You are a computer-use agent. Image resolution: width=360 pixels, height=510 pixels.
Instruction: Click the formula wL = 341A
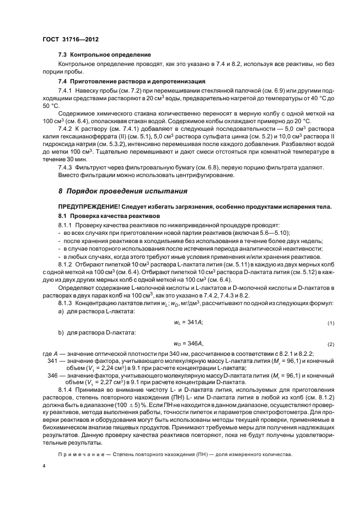(188, 323)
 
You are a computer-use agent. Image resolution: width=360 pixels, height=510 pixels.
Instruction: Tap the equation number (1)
(330, 323)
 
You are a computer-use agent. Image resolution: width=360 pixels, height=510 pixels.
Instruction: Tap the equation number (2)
(330, 344)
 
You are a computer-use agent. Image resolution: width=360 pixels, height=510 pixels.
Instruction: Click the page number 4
(44, 466)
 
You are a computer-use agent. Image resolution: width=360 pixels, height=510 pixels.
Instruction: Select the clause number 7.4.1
(65, 89)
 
